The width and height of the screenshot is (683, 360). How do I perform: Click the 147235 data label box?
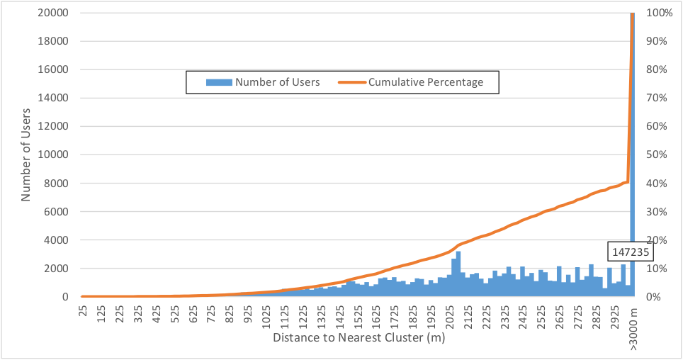pos(630,251)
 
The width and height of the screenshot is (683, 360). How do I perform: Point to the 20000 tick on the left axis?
pos(53,13)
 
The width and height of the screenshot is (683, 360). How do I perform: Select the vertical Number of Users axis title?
pos(26,154)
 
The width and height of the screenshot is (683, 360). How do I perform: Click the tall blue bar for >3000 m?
pos(632,142)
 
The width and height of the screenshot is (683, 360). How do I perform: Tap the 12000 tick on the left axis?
pos(53,126)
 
